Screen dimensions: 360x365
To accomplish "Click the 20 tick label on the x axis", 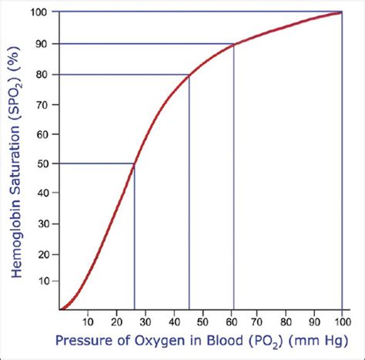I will coord(116,321).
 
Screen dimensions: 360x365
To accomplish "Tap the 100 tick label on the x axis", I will coord(341,321).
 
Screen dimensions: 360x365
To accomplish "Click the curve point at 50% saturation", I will coord(135,163).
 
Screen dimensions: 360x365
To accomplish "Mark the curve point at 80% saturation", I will coord(189,74).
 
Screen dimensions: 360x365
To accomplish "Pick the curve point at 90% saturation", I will coord(233,45).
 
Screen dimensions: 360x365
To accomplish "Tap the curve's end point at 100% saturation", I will coord(341,12).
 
